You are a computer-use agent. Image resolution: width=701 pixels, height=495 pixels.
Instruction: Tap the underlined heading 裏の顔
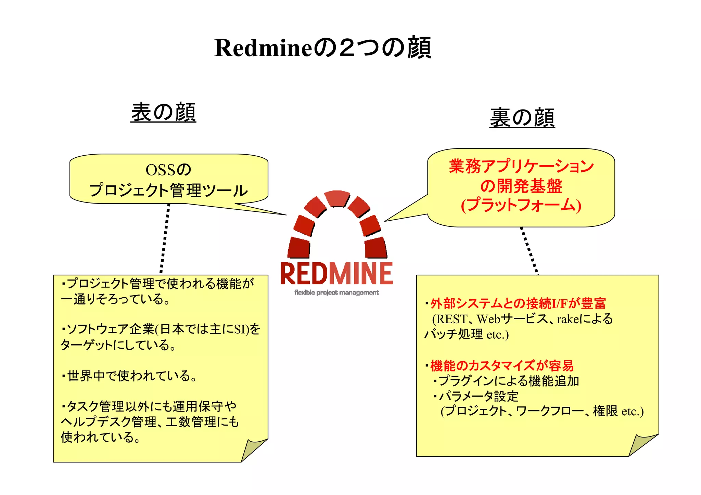pyautogui.click(x=522, y=118)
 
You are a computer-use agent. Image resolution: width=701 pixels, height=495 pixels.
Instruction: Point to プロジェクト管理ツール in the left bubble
pyautogui.click(x=168, y=190)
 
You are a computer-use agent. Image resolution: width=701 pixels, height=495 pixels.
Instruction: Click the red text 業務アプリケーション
pyautogui.click(x=521, y=167)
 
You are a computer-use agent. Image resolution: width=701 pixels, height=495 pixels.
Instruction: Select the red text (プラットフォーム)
pyautogui.click(x=521, y=205)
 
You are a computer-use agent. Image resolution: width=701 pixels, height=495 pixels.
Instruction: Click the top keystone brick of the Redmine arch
pyautogui.click(x=337, y=198)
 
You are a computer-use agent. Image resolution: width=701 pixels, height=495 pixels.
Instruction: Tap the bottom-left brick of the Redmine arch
pyautogui.click(x=299, y=247)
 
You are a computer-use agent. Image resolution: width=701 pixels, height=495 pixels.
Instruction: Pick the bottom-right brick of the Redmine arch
pyautogui.click(x=375, y=247)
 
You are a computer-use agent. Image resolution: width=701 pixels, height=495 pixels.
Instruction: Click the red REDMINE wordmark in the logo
pyautogui.click(x=336, y=274)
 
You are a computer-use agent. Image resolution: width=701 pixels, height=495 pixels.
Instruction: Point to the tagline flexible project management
pyautogui.click(x=336, y=292)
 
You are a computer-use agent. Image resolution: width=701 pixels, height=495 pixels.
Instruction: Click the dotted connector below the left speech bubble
pyautogui.click(x=165, y=238)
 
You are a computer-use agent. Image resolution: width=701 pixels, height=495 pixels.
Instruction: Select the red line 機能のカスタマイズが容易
pyautogui.click(x=501, y=366)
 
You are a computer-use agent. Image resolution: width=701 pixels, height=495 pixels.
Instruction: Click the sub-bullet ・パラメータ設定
pyautogui.click(x=476, y=396)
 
